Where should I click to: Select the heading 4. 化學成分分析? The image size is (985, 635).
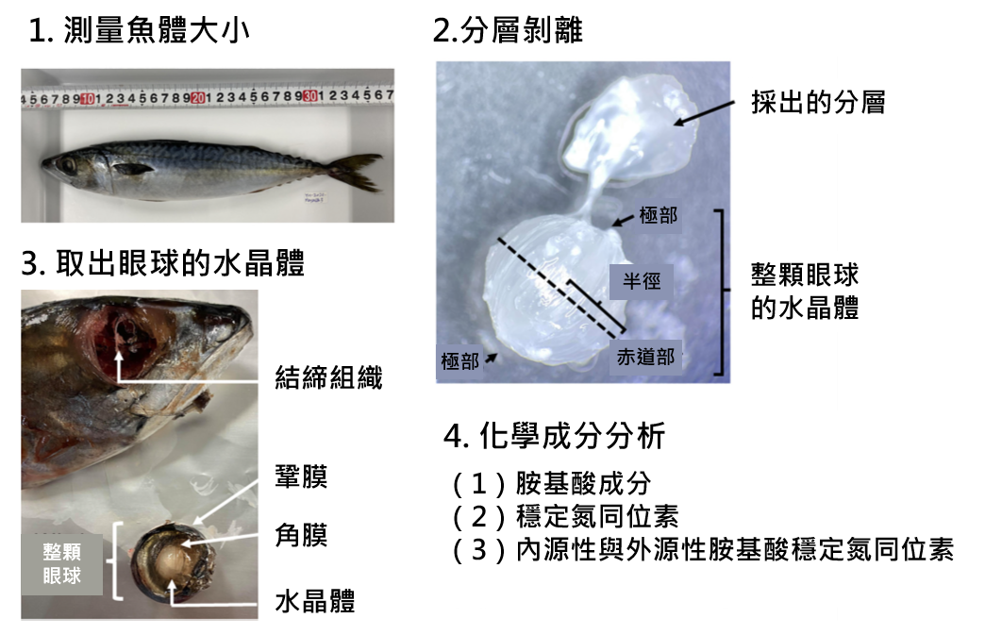(x=555, y=436)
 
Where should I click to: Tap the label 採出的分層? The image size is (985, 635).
(x=818, y=102)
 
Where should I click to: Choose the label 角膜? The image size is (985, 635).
(x=301, y=536)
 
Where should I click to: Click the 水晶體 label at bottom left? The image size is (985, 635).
(x=314, y=601)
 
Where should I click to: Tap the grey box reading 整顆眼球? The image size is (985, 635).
(x=62, y=562)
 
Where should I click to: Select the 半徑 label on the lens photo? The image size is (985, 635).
(x=642, y=280)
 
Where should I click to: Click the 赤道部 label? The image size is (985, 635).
(x=645, y=358)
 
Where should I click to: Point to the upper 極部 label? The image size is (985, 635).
(x=658, y=215)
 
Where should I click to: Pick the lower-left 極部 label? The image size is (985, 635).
(x=459, y=361)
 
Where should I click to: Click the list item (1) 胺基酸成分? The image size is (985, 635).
(x=552, y=484)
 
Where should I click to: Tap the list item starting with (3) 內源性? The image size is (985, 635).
(x=703, y=549)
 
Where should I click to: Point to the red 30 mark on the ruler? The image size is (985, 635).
(x=309, y=96)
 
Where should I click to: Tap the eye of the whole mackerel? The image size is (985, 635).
(x=68, y=165)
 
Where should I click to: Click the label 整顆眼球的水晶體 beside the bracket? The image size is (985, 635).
(x=805, y=291)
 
